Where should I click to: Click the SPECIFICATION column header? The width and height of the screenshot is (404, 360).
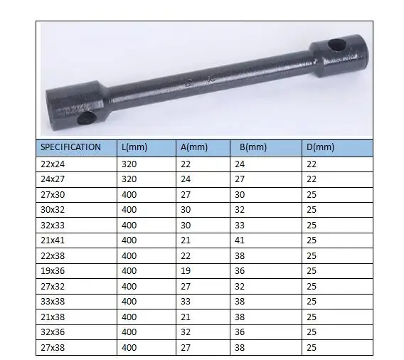point(70,147)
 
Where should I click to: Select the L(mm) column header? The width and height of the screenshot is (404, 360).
point(136,147)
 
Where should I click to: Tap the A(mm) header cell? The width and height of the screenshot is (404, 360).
point(193,147)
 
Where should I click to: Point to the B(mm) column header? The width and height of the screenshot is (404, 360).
point(253,147)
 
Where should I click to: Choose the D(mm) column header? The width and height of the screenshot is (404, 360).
point(319,147)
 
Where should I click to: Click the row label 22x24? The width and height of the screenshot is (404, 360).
point(51,164)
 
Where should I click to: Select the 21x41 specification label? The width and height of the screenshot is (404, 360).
point(51,240)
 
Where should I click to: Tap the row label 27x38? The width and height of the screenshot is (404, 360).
point(51,348)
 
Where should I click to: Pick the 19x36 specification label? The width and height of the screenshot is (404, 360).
point(51,270)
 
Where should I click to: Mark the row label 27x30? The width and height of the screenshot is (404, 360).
point(51,194)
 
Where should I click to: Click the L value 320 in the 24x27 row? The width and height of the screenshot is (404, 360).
point(129,179)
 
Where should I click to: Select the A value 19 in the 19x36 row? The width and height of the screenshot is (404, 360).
point(186,270)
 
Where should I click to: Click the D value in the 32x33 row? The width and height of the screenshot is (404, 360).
point(311,225)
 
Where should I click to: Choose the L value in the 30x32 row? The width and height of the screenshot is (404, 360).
point(129,209)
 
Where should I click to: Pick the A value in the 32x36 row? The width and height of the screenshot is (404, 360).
point(186,332)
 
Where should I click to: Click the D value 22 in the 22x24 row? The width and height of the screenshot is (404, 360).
point(311,164)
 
